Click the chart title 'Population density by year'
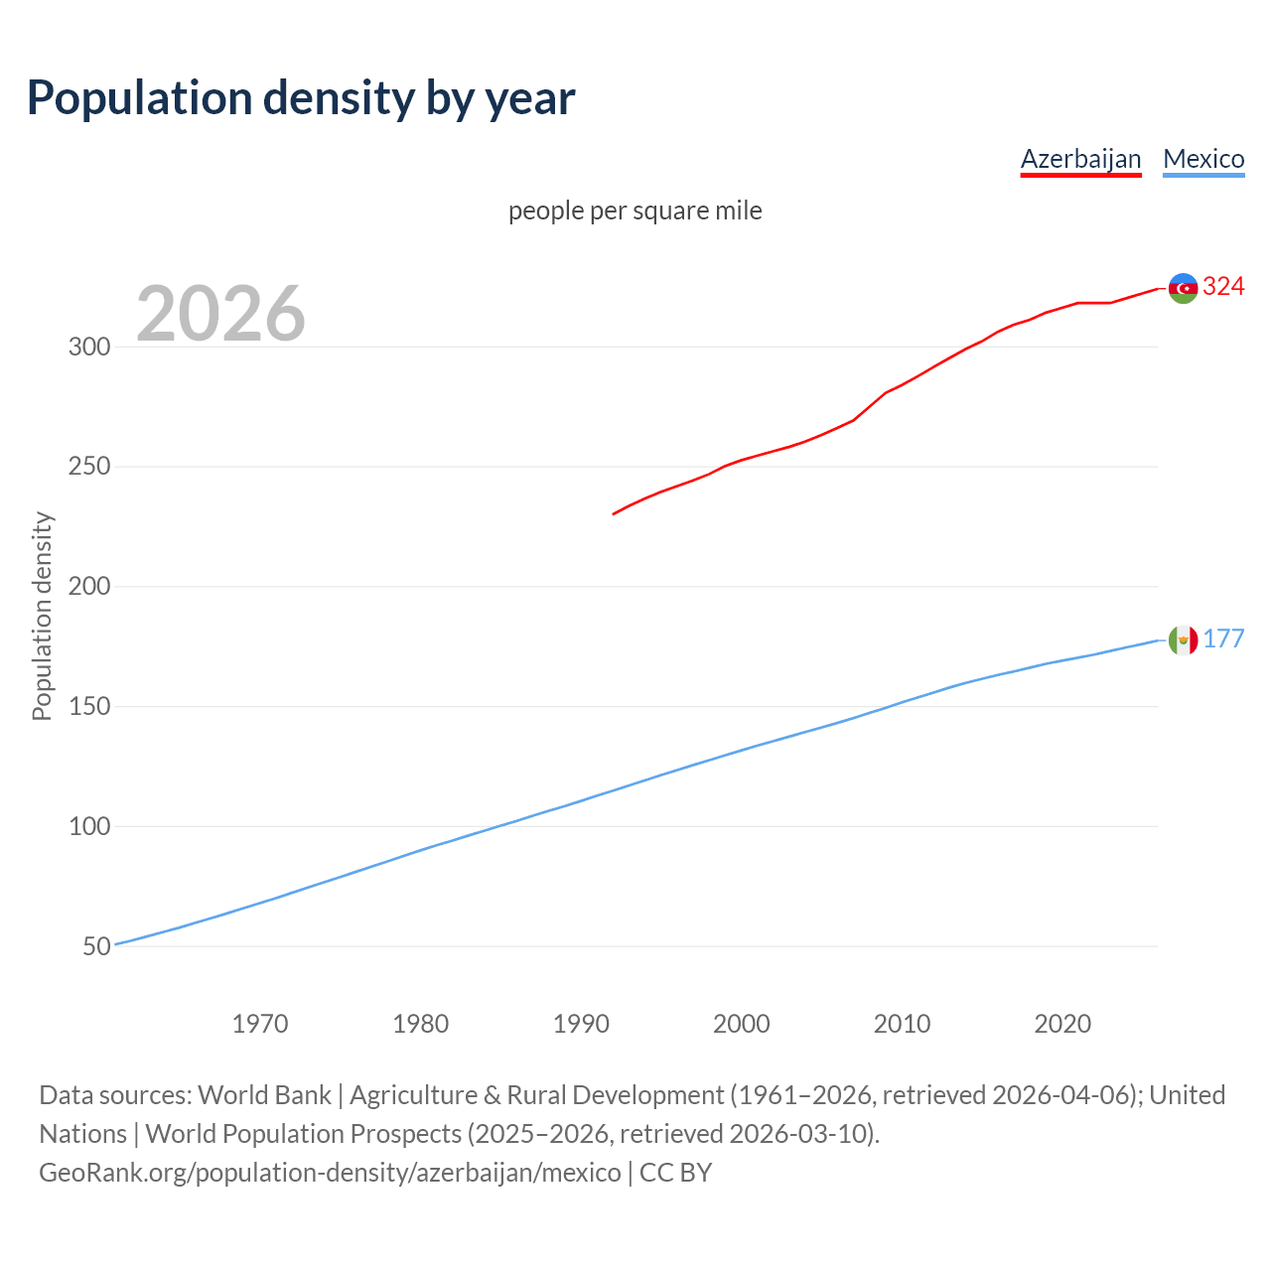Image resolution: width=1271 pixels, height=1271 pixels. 301,98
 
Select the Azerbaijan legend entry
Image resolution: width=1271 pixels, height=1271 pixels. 1080,159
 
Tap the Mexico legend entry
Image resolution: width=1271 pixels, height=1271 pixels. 1203,159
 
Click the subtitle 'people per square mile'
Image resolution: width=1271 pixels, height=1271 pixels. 635,211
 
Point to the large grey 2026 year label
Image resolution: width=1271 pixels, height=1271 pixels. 220,314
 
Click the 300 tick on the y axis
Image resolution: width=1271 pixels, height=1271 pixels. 88,348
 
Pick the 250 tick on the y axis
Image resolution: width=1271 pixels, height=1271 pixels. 88,467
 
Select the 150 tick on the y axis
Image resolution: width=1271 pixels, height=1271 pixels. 88,707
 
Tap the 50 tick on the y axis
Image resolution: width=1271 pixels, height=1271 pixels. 96,946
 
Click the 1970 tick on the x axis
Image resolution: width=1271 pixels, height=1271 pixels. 260,1024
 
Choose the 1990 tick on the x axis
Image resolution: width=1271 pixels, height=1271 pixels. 581,1024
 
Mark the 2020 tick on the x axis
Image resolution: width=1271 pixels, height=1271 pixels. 1062,1024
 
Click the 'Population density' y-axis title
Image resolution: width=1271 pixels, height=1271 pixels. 42,616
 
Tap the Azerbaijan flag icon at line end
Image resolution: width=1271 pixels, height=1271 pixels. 1183,288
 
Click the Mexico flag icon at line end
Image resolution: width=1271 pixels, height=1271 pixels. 1183,639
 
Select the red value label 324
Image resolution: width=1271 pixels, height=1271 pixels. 1223,287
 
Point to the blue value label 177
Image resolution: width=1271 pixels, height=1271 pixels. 1223,638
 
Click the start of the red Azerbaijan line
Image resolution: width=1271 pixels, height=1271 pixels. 614,513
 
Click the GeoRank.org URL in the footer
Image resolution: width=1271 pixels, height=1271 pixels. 330,1173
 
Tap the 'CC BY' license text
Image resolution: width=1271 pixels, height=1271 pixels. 676,1173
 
